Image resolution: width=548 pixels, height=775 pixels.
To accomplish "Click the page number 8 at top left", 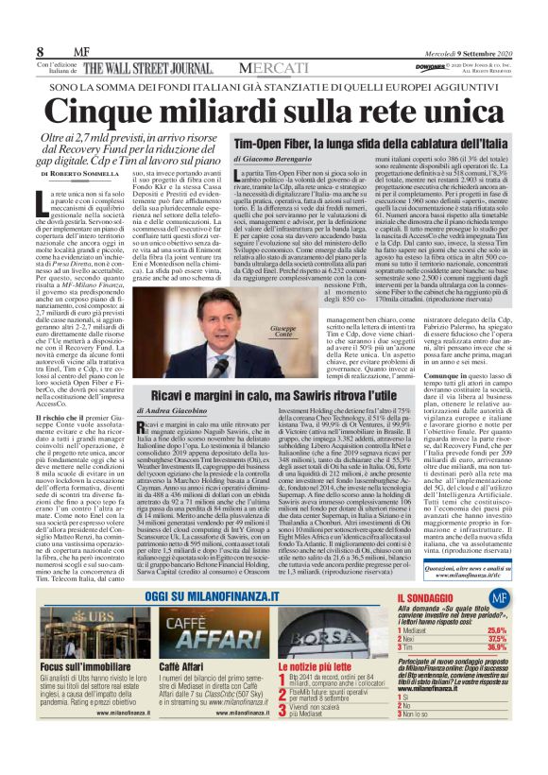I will click(x=41, y=48).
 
